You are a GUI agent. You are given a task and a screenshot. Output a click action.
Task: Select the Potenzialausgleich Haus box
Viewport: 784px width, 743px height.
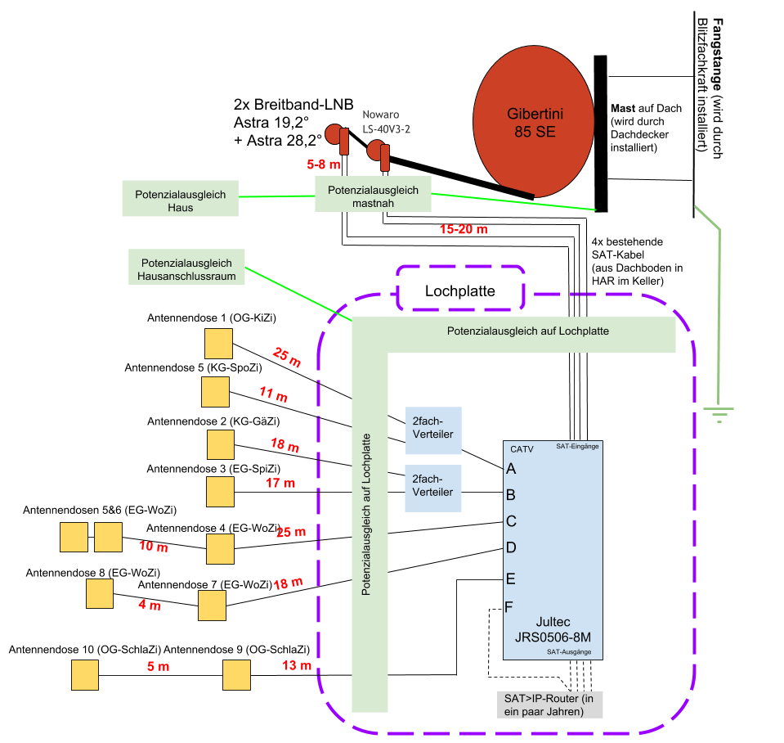click(x=180, y=199)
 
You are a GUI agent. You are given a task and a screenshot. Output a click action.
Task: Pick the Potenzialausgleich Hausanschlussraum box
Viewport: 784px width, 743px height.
click(x=187, y=270)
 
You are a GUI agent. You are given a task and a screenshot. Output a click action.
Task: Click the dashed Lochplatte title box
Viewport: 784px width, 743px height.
click(x=460, y=291)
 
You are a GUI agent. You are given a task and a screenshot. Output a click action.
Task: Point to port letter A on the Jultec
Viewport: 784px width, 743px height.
click(x=512, y=469)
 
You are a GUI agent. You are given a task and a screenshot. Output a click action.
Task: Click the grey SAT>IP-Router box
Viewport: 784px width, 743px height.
click(x=548, y=705)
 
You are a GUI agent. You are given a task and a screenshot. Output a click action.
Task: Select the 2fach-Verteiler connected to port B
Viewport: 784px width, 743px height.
click(x=432, y=485)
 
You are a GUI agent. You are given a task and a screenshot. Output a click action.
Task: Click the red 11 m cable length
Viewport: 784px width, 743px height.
click(x=273, y=395)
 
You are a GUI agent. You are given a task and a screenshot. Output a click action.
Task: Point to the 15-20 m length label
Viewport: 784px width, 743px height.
click(x=464, y=230)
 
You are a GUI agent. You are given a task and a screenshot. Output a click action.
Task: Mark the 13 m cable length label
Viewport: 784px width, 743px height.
click(x=297, y=666)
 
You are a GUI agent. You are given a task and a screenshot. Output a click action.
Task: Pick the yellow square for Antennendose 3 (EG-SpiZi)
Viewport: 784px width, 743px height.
click(x=220, y=492)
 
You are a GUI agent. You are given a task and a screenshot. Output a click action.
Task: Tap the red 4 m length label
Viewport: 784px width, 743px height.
click(x=150, y=606)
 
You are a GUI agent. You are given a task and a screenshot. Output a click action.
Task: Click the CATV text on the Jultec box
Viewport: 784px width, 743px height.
click(x=522, y=449)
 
